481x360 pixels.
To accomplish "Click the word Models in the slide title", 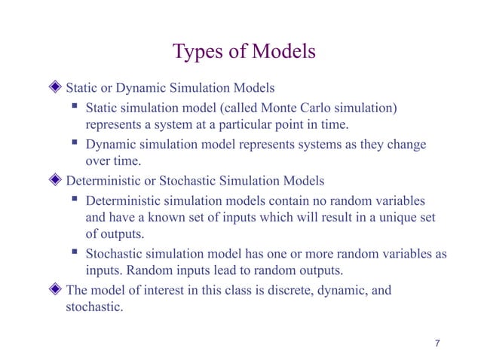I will click(x=284, y=52).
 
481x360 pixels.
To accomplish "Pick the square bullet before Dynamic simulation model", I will click(x=75, y=144).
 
